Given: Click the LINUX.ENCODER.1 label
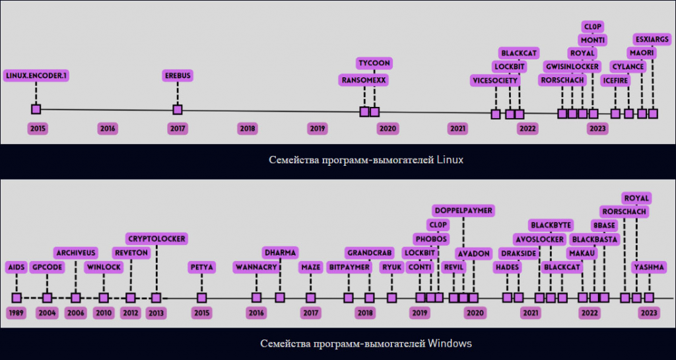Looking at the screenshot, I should pos(36,76).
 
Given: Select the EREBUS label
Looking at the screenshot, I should pos(178,76).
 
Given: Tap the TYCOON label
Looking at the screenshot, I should pos(374,63).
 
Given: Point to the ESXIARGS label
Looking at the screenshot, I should pos(652,39).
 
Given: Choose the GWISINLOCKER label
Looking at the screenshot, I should pos(572,67).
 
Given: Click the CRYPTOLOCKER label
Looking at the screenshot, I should pos(156,238).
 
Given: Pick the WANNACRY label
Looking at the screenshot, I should pos(256,268).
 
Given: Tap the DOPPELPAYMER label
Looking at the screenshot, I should pos(463,210).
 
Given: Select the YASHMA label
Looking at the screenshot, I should pos(648,268).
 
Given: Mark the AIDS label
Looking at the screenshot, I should pos(17,268).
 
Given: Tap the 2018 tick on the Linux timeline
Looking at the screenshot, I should pos(248,129).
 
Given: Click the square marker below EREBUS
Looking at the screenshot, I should pos(177,110).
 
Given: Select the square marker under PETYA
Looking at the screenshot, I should pos(201,298).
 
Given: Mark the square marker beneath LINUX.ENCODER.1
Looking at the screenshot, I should pos(36,109).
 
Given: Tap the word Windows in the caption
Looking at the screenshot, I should pos(450,343).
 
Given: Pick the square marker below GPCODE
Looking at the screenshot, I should pos(47,298).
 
